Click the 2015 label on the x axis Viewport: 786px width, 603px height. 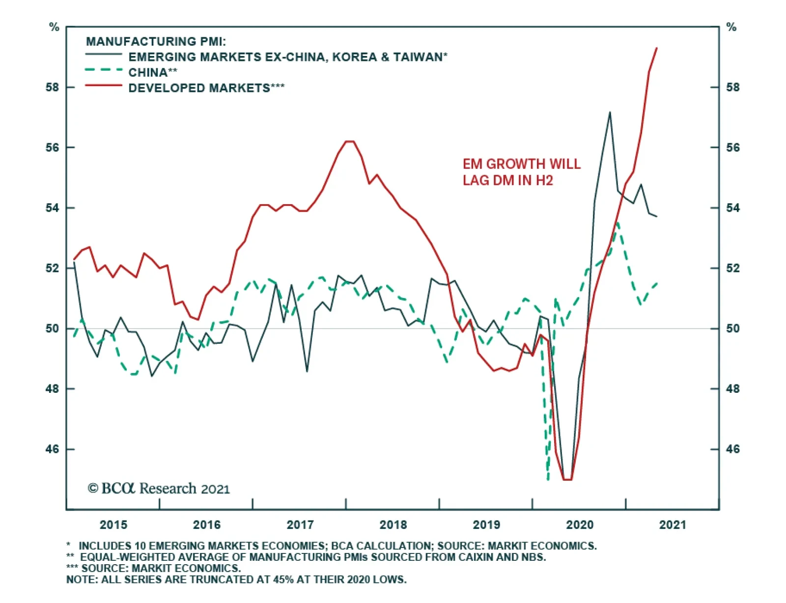(x=113, y=524)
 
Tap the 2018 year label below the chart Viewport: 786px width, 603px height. (x=393, y=524)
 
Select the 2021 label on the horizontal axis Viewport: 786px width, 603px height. (x=673, y=524)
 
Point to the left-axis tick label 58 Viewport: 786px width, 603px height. (x=53, y=87)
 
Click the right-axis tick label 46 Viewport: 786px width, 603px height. (x=732, y=449)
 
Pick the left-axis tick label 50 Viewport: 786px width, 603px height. (x=53, y=329)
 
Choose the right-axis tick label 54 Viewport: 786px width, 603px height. (x=732, y=208)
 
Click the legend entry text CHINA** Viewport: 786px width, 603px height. (x=153, y=73)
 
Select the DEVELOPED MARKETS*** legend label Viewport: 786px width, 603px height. (x=206, y=88)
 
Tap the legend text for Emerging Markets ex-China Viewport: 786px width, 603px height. (x=288, y=57)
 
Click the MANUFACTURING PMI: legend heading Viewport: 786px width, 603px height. (x=156, y=41)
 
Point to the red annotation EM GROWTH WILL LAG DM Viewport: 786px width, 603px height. (x=521, y=172)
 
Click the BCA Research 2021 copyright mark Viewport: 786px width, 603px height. (x=159, y=489)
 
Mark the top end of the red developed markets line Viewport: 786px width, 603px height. (x=657, y=48)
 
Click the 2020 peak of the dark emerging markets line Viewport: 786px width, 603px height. (x=610, y=112)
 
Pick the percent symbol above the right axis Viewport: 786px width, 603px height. (x=731, y=27)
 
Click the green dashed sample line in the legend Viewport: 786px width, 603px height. (x=104, y=70)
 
